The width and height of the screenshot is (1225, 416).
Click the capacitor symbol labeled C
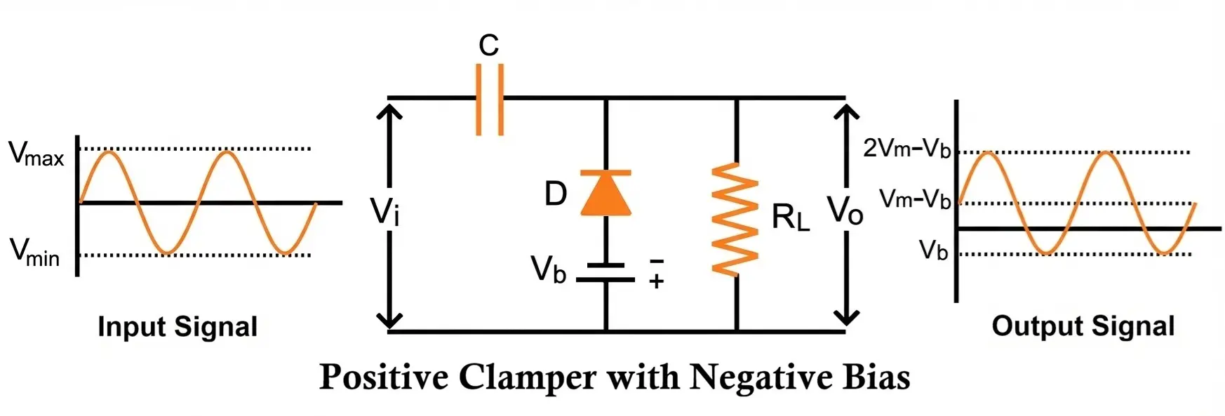[489, 99]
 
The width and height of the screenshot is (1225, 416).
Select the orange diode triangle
[605, 194]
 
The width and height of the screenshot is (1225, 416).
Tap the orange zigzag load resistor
[735, 218]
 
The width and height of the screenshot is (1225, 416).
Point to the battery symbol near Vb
[605, 272]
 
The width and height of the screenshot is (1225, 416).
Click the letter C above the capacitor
[488, 46]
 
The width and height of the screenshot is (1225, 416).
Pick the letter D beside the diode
[556, 194]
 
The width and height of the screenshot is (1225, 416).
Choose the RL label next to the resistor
[790, 217]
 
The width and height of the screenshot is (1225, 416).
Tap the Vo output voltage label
[845, 210]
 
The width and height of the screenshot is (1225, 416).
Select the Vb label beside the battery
[548, 269]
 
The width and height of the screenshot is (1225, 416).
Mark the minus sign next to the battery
[656, 261]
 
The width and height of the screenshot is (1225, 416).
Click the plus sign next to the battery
[656, 282]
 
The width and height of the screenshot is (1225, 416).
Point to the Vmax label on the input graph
[36, 154]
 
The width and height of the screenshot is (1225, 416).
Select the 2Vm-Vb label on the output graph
[906, 148]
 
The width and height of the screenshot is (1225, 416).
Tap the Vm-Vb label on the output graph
[915, 199]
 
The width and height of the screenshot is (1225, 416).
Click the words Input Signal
[178, 327]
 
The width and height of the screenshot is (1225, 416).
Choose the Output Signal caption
[1083, 326]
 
